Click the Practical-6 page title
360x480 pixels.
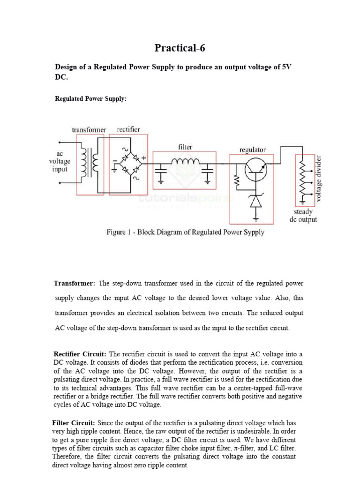click(x=180, y=48)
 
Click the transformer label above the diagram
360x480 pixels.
click(x=89, y=129)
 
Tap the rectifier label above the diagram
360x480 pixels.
click(x=128, y=129)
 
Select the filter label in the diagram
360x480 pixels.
click(x=185, y=147)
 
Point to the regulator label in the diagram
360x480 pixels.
click(x=252, y=150)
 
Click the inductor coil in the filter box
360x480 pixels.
click(x=185, y=162)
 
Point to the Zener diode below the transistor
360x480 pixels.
click(x=256, y=200)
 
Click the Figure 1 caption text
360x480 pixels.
click(x=185, y=232)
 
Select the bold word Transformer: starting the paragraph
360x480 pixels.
click(x=75, y=284)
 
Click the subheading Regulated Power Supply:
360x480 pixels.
click(x=91, y=99)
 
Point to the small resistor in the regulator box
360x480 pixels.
click(x=236, y=180)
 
